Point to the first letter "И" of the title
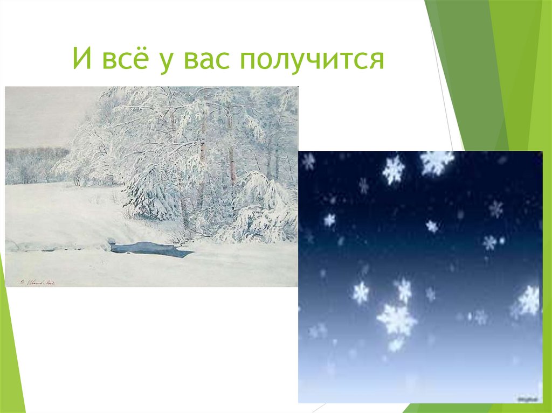(81, 59)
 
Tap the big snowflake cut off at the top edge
(437, 160)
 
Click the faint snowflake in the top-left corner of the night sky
(309, 160)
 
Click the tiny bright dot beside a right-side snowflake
(502, 240)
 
